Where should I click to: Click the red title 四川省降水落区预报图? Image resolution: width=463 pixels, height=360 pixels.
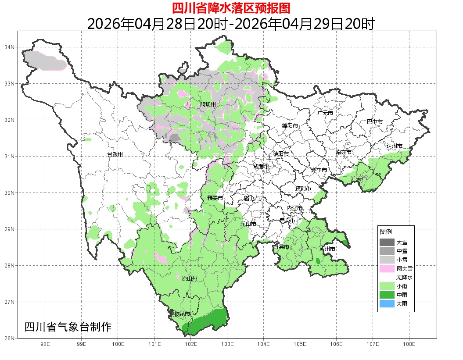pos(231,8)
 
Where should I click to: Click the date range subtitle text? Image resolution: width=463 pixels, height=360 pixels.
pos(231,24)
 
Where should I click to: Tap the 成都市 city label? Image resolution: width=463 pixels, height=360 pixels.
pos(261,166)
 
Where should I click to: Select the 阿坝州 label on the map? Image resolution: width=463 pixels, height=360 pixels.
pos(208,104)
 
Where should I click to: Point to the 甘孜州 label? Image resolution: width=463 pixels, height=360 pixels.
pos(115,155)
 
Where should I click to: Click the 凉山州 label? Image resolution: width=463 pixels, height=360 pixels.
pos(190,279)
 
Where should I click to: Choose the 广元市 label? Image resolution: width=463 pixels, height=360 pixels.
pos(325,113)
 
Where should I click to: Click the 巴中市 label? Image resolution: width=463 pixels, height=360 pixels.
pos(374,122)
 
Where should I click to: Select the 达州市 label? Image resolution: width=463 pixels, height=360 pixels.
pos(395,146)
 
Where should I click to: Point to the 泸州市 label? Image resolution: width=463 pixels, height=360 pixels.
pos(328,249)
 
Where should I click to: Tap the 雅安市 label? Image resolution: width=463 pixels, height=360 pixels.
pos(215,198)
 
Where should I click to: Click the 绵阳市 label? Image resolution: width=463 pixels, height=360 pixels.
pos(290,126)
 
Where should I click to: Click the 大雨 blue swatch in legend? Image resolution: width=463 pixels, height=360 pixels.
pos(387,304)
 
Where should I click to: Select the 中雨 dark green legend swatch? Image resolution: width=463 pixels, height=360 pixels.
pos(387,295)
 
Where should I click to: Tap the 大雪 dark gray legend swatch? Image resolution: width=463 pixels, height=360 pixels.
pos(387,242)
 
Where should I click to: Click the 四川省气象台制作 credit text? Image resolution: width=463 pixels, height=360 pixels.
pos(68,327)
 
